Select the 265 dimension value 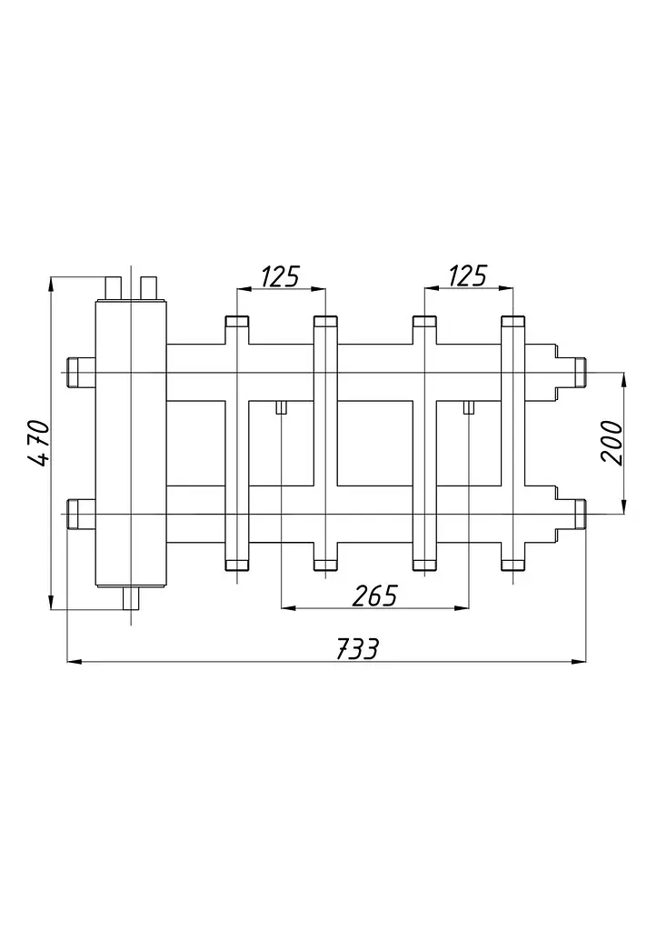[374, 596]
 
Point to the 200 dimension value [612, 442]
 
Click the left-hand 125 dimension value [282, 276]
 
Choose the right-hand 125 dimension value [468, 276]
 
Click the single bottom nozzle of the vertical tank [130, 598]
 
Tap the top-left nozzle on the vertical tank [114, 288]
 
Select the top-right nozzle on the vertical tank [149, 288]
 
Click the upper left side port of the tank [81, 372]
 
